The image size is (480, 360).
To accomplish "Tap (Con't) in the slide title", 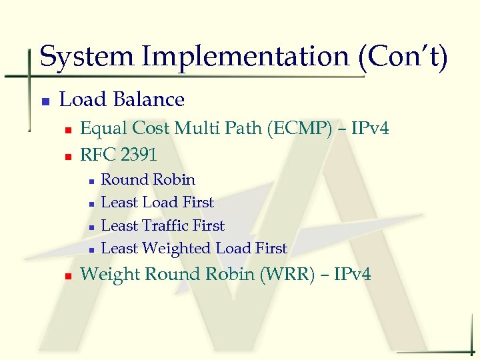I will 403,57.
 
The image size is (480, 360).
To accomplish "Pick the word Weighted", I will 176,249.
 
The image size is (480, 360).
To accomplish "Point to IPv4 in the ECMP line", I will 369,128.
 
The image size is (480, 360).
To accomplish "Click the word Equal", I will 103,128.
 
